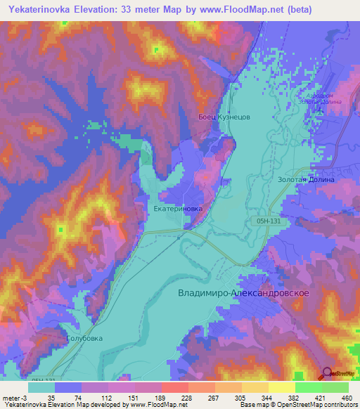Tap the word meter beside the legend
[12, 397]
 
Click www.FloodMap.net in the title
[238, 9]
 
